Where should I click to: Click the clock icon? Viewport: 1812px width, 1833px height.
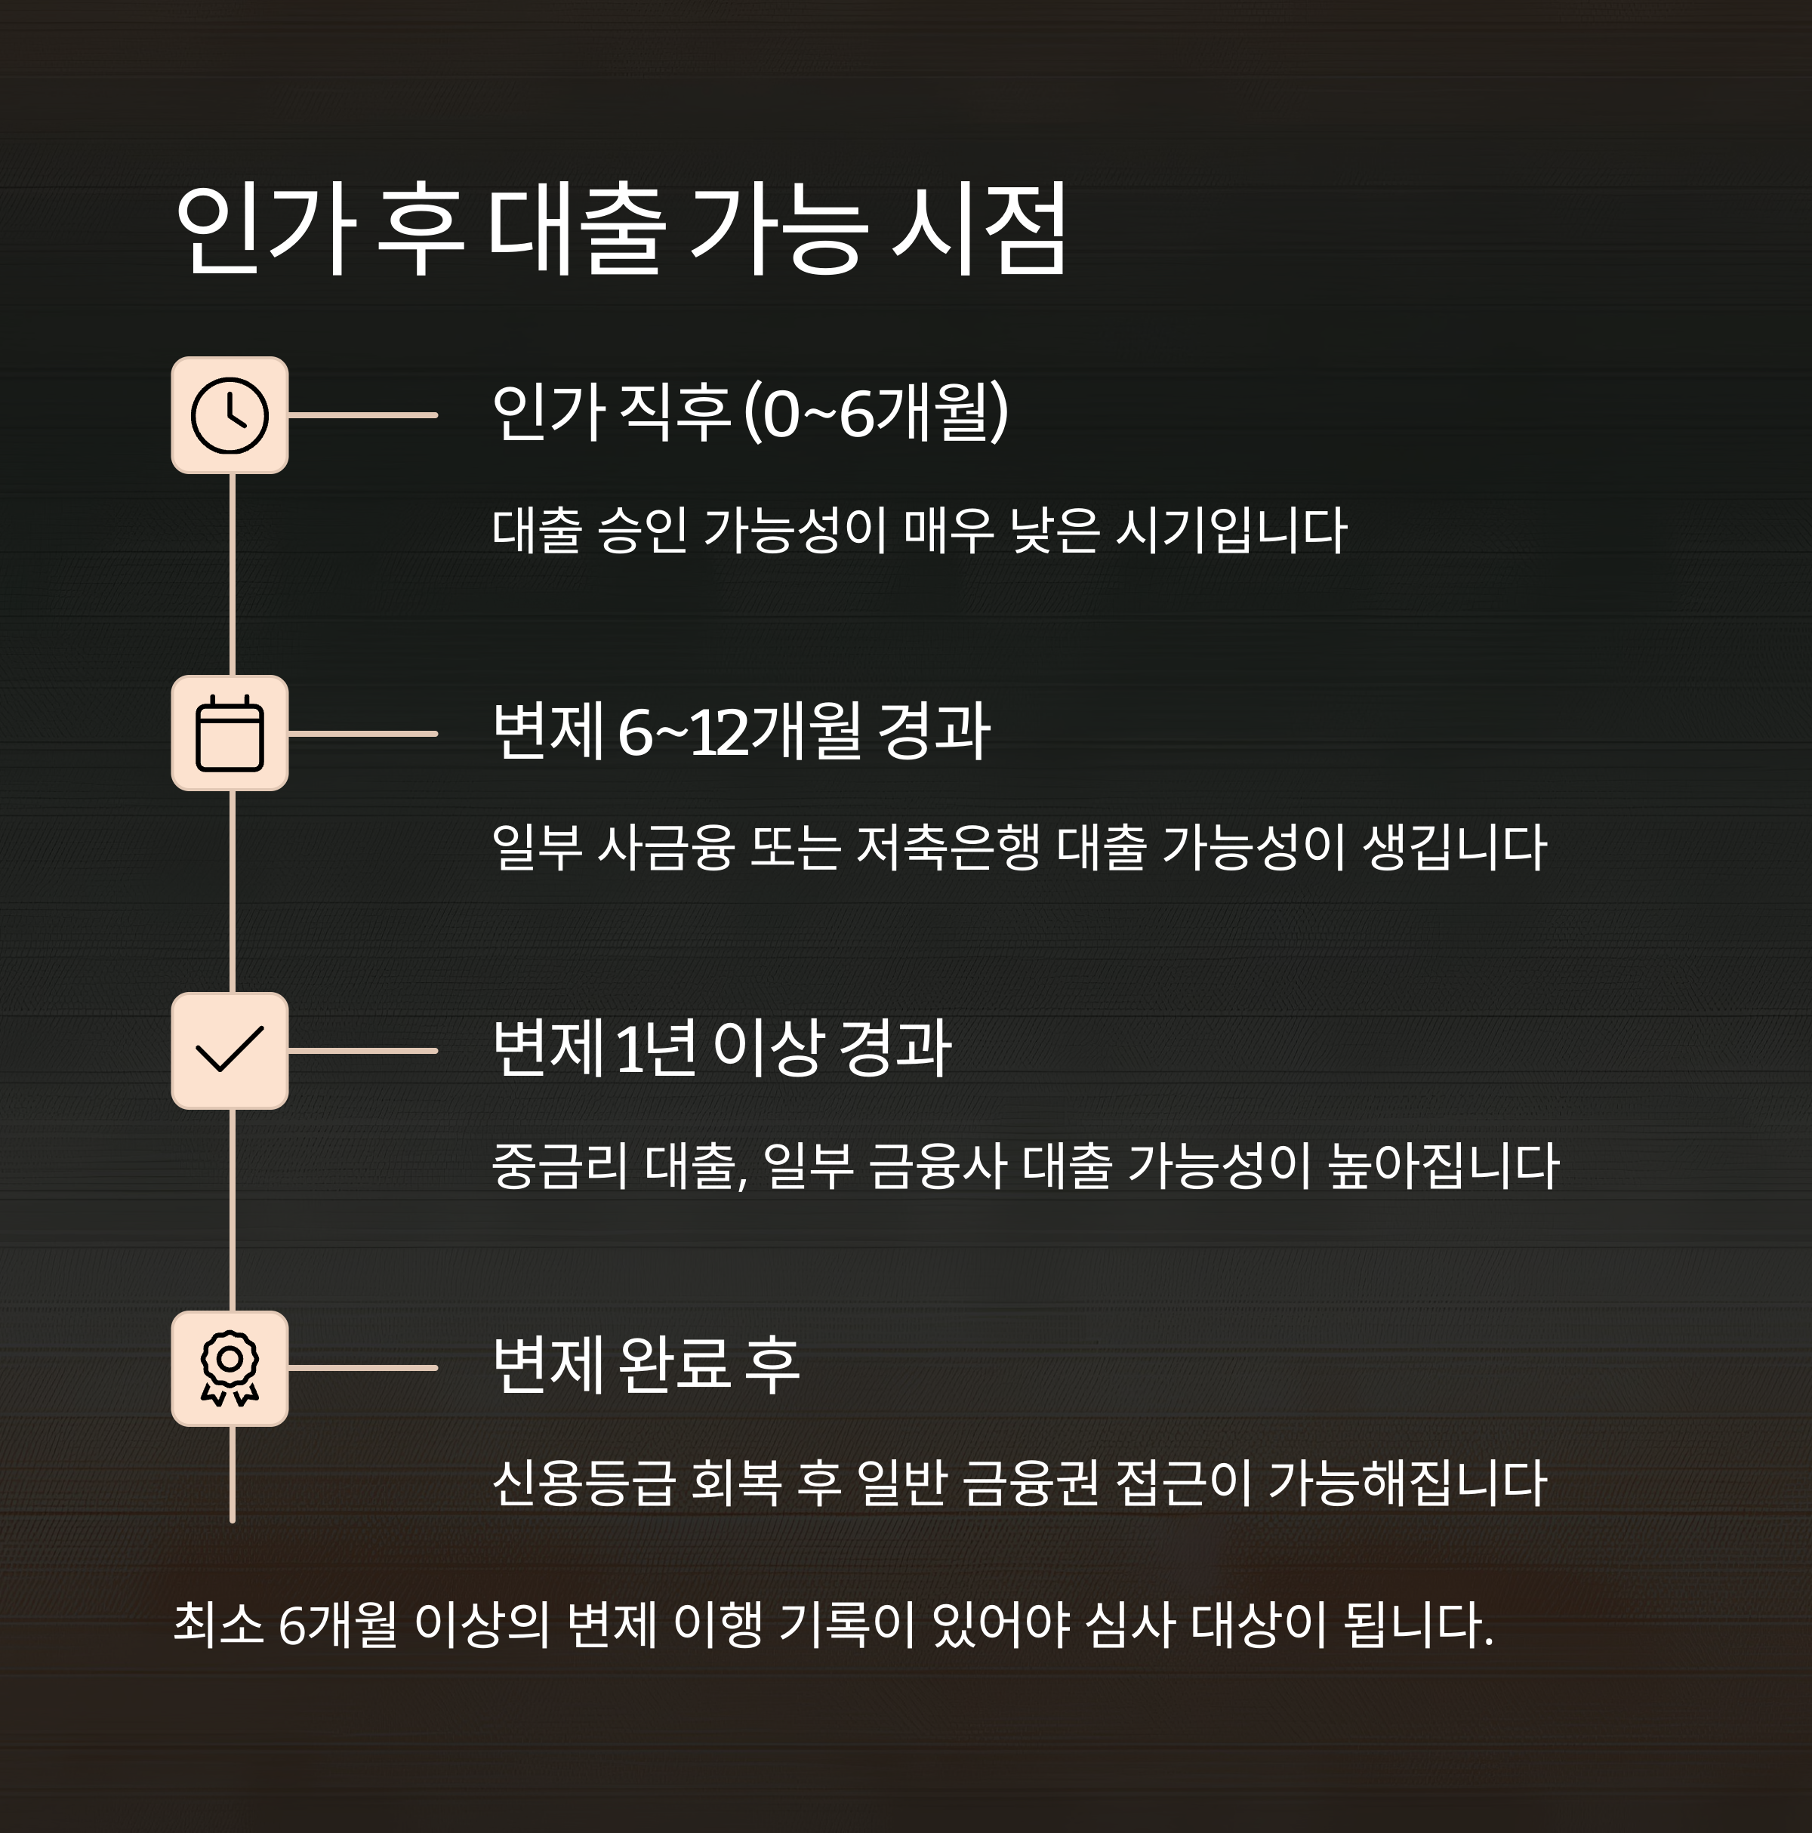230,415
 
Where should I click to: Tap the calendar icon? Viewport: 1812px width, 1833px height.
230,733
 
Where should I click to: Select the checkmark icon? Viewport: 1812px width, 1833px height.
230,1050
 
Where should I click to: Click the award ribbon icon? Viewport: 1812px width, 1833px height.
230,1368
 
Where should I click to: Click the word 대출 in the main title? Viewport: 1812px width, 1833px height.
576,230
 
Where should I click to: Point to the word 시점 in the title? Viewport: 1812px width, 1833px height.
979,230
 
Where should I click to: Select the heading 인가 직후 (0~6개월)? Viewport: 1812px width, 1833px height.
750,414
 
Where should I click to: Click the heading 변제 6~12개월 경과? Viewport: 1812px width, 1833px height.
741,732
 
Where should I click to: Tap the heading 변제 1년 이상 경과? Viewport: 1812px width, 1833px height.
722,1049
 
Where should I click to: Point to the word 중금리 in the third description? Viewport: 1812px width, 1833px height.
559,1165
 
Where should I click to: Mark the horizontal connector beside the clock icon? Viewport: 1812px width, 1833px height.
362,415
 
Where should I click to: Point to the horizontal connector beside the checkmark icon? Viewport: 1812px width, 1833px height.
362,1050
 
